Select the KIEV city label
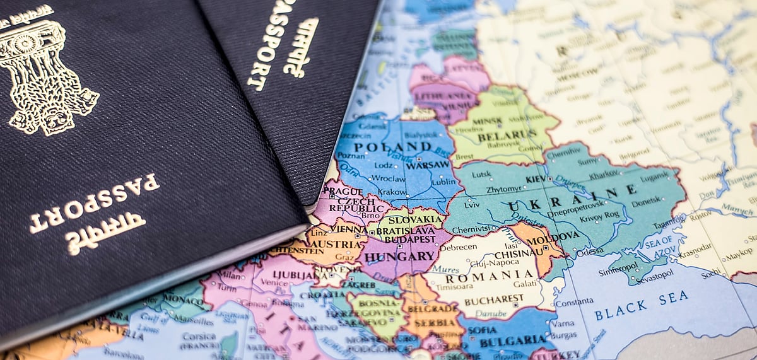coord(536,179)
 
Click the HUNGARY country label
coord(400,257)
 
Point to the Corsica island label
coord(199,337)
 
